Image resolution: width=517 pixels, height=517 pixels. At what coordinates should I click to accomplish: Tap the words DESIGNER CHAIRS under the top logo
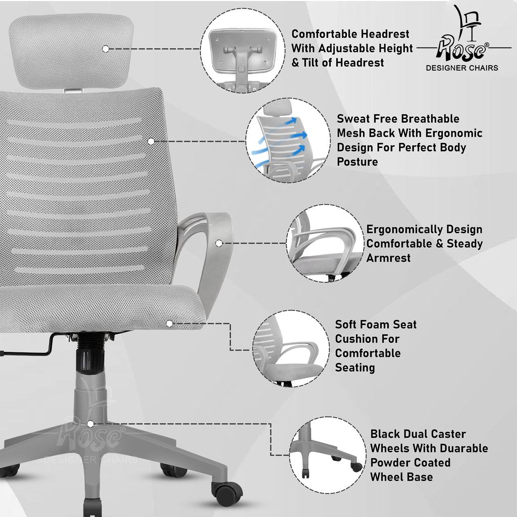point(462,68)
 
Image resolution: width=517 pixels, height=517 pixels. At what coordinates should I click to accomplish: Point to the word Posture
point(357,162)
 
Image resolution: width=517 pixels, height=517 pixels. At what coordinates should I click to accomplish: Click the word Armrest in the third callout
point(388,258)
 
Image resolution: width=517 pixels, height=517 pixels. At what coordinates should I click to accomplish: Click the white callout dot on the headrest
point(106,49)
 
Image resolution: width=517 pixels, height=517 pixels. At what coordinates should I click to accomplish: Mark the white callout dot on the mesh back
point(151,141)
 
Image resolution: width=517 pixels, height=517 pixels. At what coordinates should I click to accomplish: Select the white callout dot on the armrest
point(219,243)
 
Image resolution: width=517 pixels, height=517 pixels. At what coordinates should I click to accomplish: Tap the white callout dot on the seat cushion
point(170,324)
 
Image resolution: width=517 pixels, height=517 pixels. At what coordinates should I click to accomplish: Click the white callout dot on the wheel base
point(90,424)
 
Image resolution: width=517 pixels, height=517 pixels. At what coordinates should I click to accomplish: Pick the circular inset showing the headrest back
point(243,50)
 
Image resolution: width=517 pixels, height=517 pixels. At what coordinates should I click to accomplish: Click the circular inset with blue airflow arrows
point(288,140)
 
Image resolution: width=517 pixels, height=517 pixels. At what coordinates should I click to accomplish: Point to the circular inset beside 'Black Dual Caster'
point(327,455)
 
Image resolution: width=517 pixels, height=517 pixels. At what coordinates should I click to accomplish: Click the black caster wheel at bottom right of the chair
point(227,493)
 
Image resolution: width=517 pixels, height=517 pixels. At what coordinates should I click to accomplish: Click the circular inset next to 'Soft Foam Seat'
point(291,348)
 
